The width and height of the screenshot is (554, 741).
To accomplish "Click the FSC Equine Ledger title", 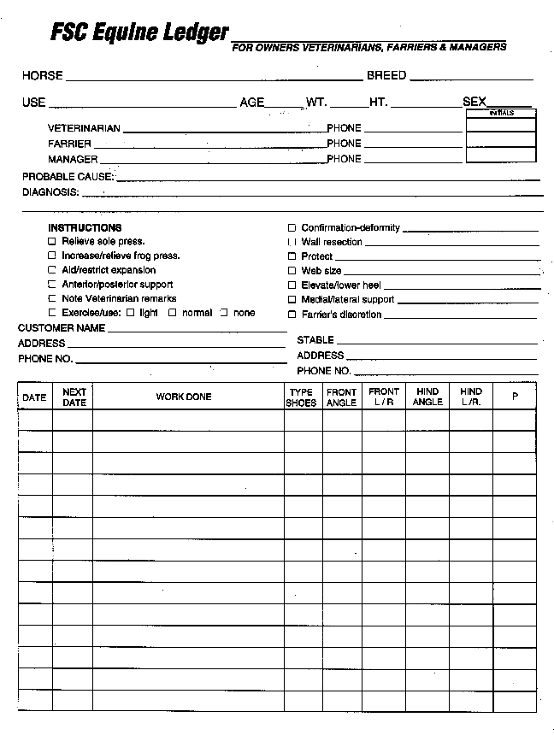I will pyautogui.click(x=139, y=32).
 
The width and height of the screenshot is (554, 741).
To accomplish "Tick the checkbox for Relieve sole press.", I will pyautogui.click(x=52, y=242).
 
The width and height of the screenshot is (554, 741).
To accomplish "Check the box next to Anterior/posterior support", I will pyautogui.click(x=52, y=285).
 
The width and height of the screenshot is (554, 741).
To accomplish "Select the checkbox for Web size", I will pyautogui.click(x=292, y=271).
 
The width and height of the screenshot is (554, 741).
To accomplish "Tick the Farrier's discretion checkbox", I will pyautogui.click(x=292, y=315).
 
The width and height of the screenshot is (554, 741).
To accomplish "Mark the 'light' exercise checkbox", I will pyautogui.click(x=130, y=313).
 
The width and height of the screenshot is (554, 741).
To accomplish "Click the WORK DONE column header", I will pyautogui.click(x=184, y=397).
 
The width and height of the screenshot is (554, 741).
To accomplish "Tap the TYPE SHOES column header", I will pyautogui.click(x=301, y=397).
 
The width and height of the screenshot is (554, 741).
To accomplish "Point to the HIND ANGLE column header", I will pyautogui.click(x=427, y=397).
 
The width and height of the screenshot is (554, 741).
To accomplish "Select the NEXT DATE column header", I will pyautogui.click(x=74, y=397).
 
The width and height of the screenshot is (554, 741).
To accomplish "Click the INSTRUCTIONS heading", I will pyautogui.click(x=85, y=228).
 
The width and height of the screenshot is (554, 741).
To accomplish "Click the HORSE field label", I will pyautogui.click(x=43, y=76).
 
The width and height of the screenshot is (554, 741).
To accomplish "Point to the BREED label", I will pyautogui.click(x=386, y=76).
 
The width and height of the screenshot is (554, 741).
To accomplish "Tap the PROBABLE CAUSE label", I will pyautogui.click(x=68, y=177).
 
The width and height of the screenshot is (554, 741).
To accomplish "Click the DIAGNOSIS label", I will pyautogui.click(x=50, y=192).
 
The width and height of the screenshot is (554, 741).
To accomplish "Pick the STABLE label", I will pyautogui.click(x=315, y=340).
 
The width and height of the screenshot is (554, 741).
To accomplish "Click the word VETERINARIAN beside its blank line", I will pyautogui.click(x=84, y=128).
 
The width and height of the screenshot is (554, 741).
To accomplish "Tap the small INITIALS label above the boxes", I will pyautogui.click(x=501, y=113).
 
